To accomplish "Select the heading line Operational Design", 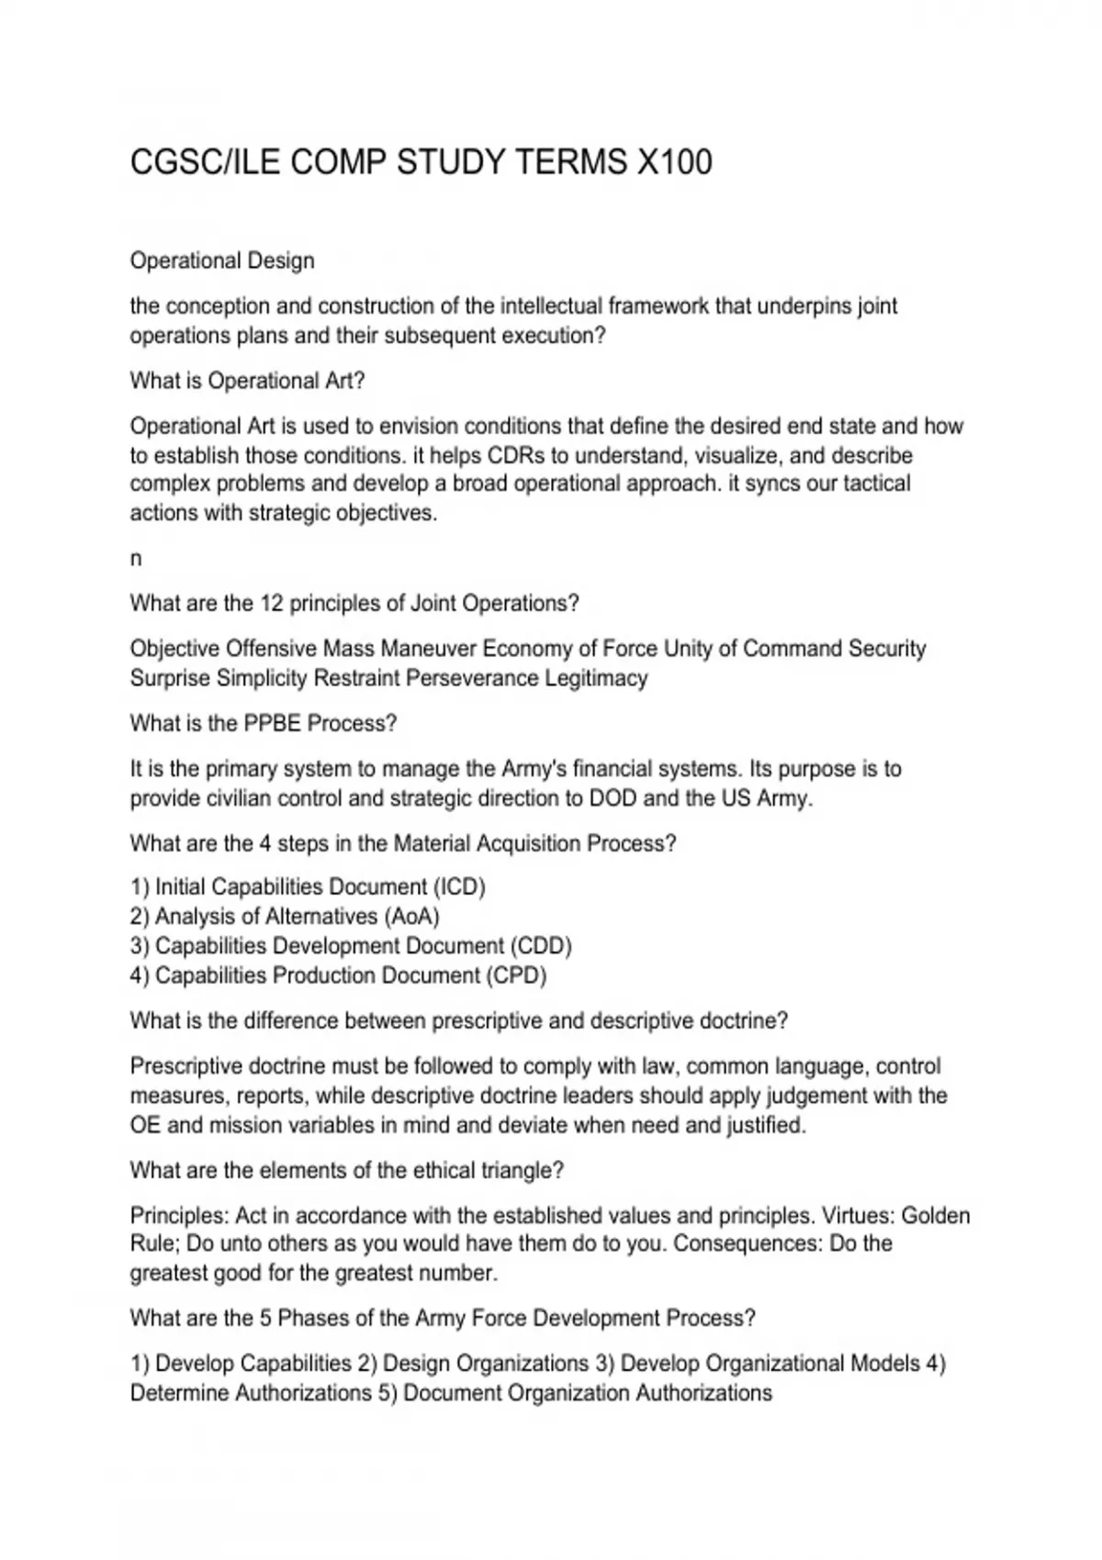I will pyautogui.click(x=222, y=262).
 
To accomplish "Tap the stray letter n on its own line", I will pyautogui.click(x=136, y=559).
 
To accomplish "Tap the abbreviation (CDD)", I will pyautogui.click(x=541, y=946).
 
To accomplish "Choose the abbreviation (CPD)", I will pyautogui.click(x=516, y=975).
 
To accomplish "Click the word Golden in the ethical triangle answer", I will pyautogui.click(x=936, y=1216).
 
